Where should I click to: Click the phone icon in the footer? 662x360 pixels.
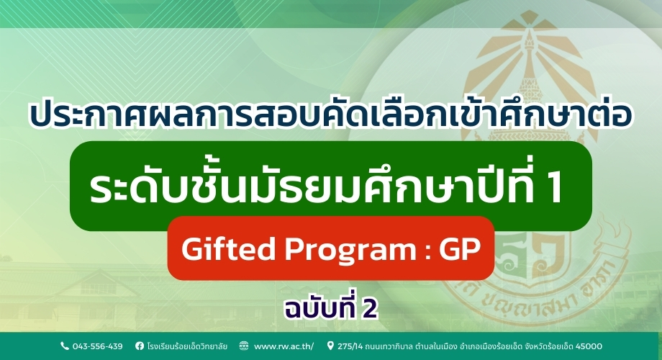click(64, 346)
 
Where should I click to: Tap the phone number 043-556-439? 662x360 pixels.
click(96, 346)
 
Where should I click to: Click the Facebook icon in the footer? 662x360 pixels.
click(139, 346)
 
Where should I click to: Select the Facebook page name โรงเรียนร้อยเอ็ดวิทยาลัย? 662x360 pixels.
click(187, 346)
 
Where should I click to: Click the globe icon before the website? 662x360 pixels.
click(244, 346)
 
